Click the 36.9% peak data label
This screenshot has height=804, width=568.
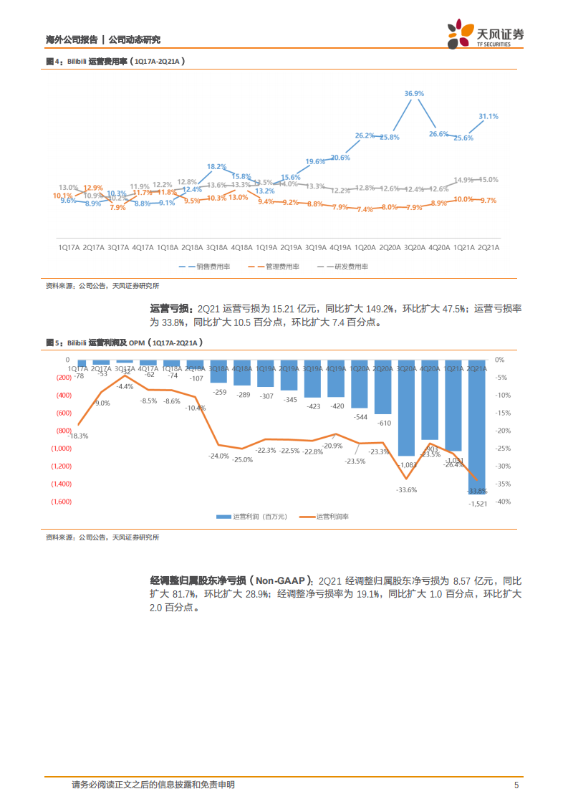click(414, 94)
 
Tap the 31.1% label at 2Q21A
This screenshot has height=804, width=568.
click(488, 116)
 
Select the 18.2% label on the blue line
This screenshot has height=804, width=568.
click(216, 166)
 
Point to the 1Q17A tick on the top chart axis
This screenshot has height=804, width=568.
click(69, 247)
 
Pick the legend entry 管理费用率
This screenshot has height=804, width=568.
click(282, 267)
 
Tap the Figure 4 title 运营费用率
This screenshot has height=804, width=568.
click(115, 62)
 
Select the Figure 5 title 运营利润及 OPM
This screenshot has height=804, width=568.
click(115, 343)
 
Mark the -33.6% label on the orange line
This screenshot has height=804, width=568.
click(406, 489)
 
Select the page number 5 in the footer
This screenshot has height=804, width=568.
click(516, 785)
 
